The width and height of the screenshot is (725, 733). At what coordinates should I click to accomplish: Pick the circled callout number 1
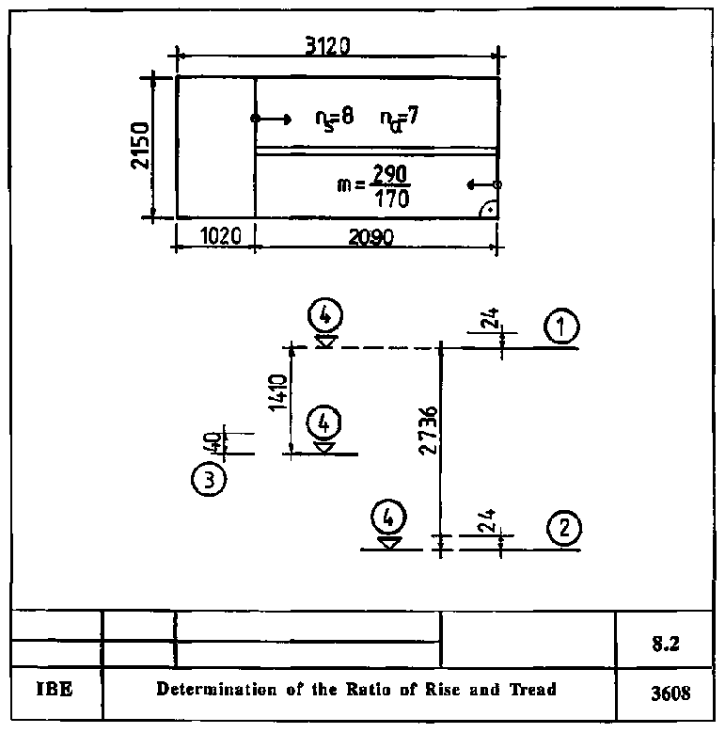[x=561, y=327]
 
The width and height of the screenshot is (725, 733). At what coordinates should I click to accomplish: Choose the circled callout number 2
[x=563, y=527]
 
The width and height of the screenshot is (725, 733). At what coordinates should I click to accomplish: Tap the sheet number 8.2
[x=667, y=646]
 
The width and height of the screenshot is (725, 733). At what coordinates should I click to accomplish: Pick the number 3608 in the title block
[x=670, y=694]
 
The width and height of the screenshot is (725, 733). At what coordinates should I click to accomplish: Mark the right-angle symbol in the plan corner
[x=488, y=210]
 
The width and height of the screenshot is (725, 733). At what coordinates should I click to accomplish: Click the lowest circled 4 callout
[x=389, y=518]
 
